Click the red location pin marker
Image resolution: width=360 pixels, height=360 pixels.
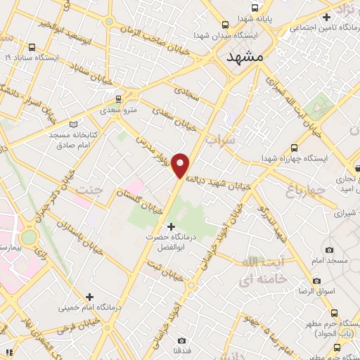pyautogui.click(x=181, y=165)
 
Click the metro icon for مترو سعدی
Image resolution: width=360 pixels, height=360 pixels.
pyautogui.click(x=118, y=99)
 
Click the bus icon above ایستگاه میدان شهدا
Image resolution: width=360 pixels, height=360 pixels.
pyautogui.click(x=224, y=23)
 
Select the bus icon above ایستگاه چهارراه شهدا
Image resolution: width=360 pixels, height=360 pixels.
pyautogui.click(x=293, y=148)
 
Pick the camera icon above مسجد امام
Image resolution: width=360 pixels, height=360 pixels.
pyautogui.click(x=329, y=250)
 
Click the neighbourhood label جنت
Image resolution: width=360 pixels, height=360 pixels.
pyautogui.click(x=89, y=191)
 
